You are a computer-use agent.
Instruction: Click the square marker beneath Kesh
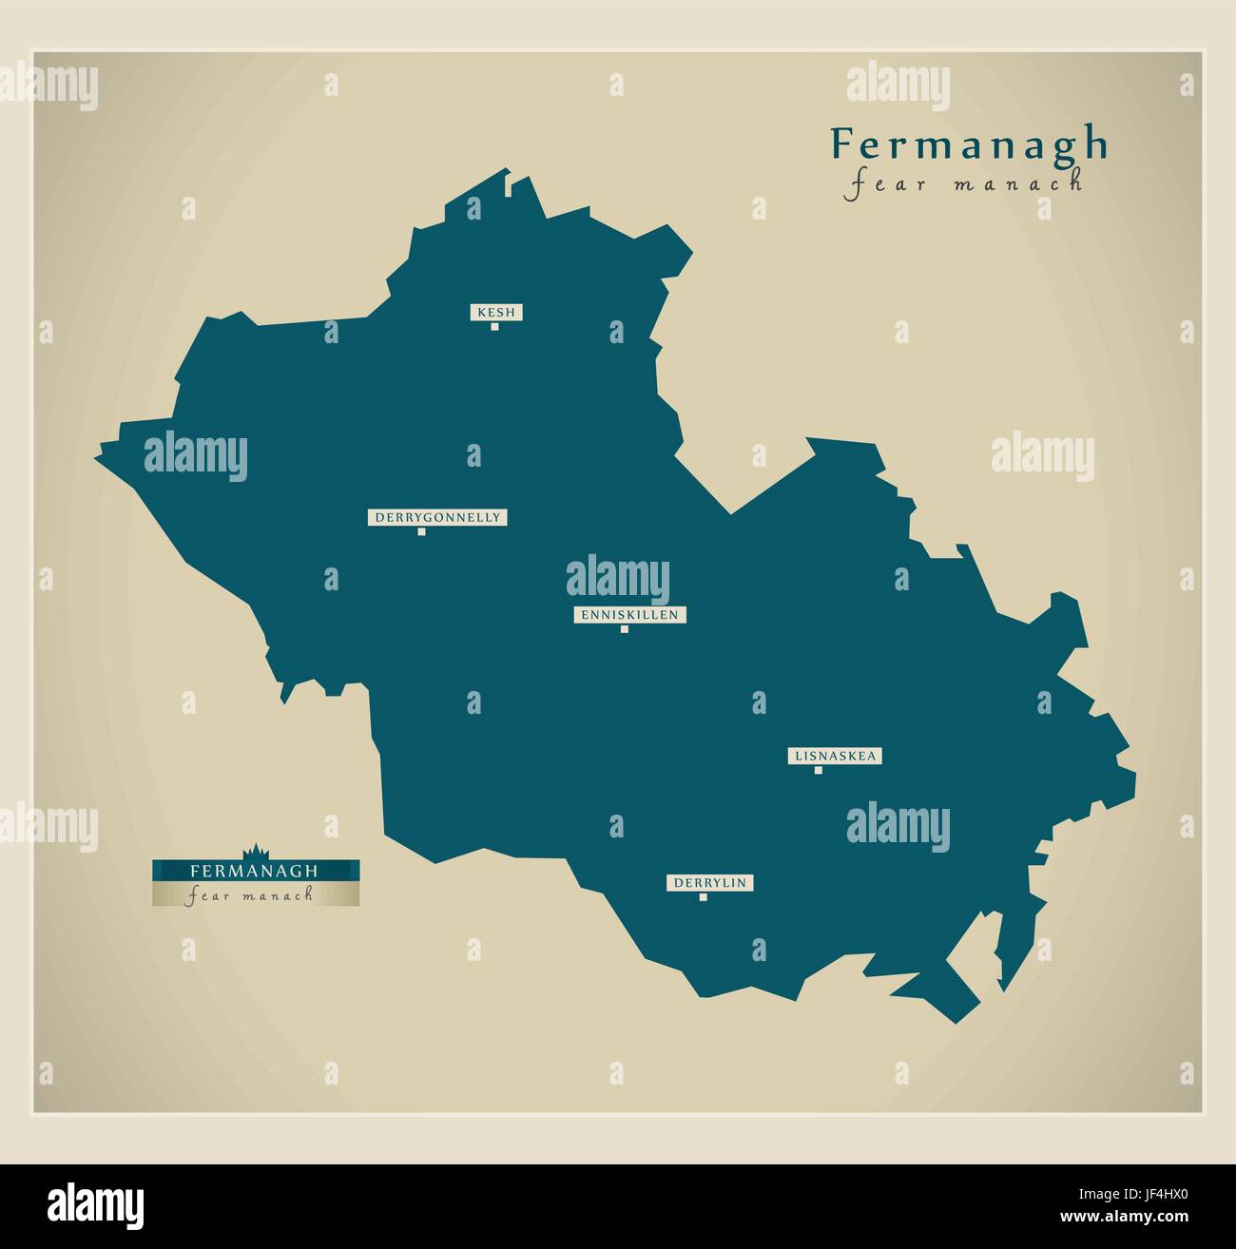[x=494, y=327]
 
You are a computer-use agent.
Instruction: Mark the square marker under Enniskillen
[x=625, y=629]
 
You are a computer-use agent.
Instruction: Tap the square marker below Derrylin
[x=704, y=897]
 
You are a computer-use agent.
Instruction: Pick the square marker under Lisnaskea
[x=818, y=770]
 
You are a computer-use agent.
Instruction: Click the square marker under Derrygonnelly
[x=421, y=531]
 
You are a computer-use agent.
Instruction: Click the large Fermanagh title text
[x=969, y=144]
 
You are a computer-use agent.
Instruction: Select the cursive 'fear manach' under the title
[x=963, y=183]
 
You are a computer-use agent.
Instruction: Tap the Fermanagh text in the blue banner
[x=254, y=870]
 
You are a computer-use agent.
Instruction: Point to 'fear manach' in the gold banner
[x=251, y=895]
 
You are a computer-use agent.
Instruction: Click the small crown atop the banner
[x=255, y=850]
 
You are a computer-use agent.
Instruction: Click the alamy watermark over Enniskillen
[x=618, y=580]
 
